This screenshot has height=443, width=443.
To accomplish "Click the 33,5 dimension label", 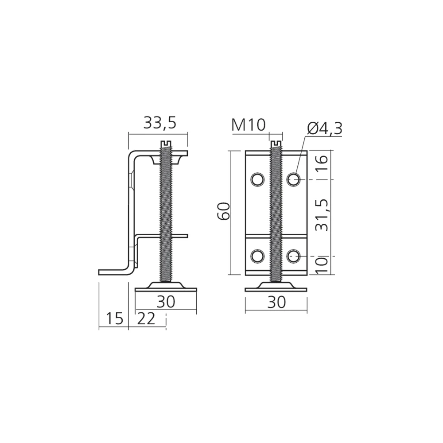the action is point(159,123).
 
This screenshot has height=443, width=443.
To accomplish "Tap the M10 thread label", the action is point(249,125).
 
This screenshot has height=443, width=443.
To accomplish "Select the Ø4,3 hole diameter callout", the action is point(325,128).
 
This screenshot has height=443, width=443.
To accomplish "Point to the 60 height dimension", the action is point(224,211).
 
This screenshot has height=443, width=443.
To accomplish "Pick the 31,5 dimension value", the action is point(322,215).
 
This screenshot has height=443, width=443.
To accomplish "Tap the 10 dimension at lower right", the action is point(322,265).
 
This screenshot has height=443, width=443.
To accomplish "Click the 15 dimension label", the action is point(114,319).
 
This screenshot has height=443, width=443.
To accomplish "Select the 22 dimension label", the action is point(146,319).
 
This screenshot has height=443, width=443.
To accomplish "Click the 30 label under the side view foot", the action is point(166,301).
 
